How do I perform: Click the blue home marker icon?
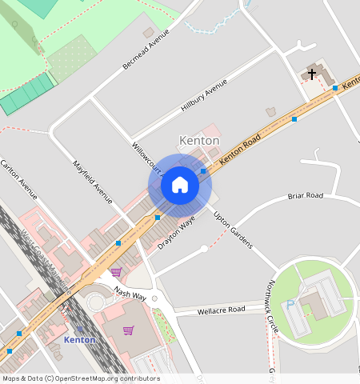pos(180,185)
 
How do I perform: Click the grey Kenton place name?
pos(199,141)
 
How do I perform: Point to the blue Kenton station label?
pos(79,339)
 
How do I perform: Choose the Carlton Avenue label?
pos(19,179)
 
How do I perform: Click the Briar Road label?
pos(305,196)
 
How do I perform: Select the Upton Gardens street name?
pos(233,230)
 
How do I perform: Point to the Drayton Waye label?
pos(176,232)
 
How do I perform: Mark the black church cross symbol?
pos(311,74)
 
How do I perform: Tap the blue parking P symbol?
pos(290,304)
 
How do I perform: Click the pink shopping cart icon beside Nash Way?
pos(116,272)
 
